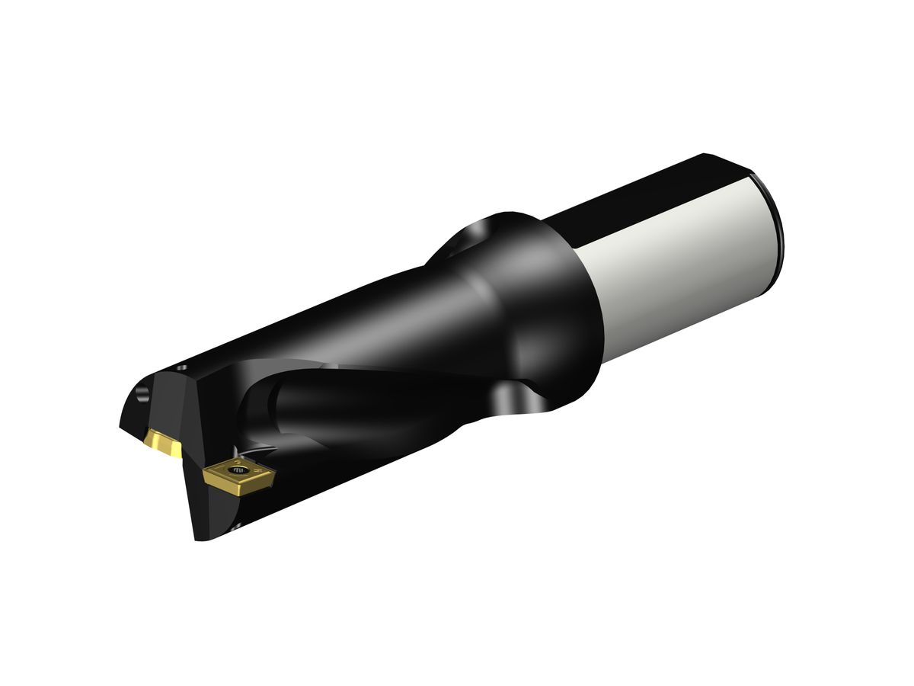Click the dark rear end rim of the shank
pyautogui.click(x=773, y=229)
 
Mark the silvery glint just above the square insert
pyautogui.click(x=242, y=452)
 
